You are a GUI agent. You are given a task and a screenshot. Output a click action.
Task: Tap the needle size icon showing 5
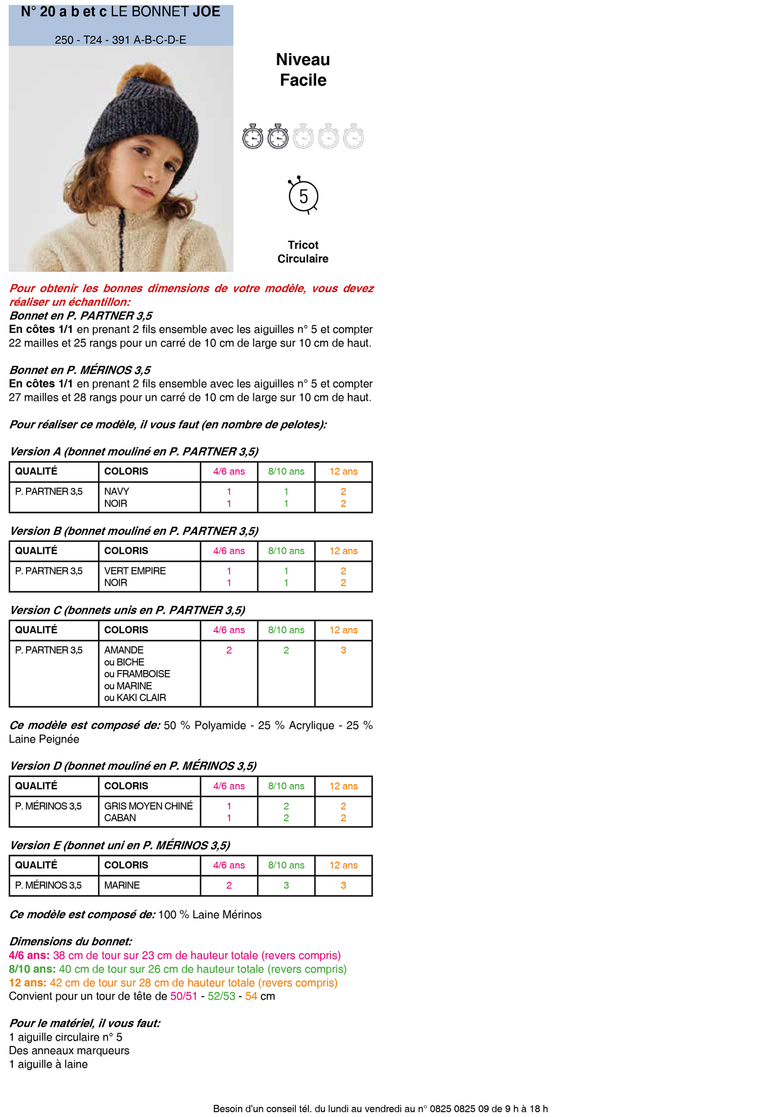pos(303,197)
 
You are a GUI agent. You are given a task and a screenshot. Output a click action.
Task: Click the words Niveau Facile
pos(303,69)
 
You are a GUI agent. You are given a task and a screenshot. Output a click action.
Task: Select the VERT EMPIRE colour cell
pos(135,570)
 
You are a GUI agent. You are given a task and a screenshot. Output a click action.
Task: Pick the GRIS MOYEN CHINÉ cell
pos(148,806)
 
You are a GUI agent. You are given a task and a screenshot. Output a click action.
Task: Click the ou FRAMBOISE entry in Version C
pos(137,674)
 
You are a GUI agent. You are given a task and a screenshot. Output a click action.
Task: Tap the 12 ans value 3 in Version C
pos(343,650)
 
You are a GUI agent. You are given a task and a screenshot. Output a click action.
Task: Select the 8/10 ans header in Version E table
pos(286,865)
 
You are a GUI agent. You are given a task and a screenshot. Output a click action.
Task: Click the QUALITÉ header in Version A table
pos(36,471)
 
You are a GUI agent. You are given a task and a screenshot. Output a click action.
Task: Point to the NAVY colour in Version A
pos(117,491)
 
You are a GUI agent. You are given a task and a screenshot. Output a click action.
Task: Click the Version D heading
pos(133,766)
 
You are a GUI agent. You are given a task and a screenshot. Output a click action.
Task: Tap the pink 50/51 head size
pos(183,996)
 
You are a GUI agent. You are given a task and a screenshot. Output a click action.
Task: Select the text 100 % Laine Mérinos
pos(210,914)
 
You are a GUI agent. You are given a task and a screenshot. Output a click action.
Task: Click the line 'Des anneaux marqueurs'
pos(69,1051)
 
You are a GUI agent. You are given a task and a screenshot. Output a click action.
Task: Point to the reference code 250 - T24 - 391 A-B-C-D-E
pos(120,40)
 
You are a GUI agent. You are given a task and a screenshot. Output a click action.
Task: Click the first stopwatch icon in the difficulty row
pos(253,137)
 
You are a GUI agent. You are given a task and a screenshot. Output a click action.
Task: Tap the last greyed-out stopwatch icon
pos(354,137)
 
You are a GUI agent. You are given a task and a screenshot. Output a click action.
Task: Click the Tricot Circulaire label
pos(303,252)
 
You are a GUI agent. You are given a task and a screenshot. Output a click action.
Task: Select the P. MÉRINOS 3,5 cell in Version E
pos(48,885)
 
